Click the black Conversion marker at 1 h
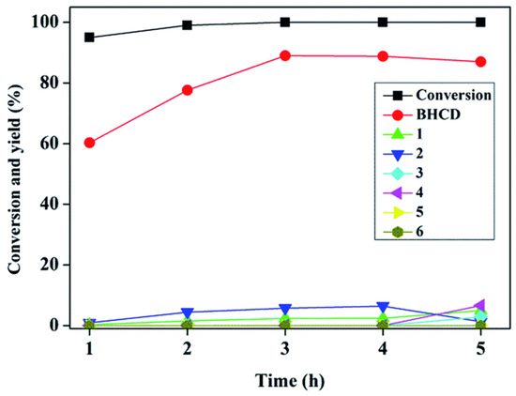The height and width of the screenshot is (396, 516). click(x=89, y=38)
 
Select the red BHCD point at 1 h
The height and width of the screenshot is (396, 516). click(x=89, y=143)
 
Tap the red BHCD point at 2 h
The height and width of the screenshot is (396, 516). click(x=187, y=90)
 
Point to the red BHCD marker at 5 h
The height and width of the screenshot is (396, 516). click(x=480, y=62)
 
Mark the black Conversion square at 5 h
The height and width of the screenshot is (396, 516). click(x=480, y=22)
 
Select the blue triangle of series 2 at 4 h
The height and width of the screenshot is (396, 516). click(x=383, y=307)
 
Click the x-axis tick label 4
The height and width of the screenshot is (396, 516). click(x=383, y=347)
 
